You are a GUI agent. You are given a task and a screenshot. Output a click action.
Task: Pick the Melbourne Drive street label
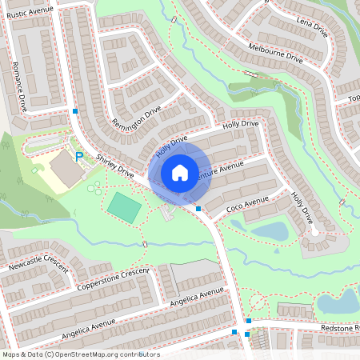click(276, 54)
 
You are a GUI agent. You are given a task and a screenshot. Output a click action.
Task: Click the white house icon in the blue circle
click(180, 173)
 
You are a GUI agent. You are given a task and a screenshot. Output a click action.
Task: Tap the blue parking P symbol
click(78, 157)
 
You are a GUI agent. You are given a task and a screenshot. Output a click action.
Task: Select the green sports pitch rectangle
click(124, 206)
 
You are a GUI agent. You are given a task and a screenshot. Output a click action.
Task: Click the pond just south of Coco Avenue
click(270, 231)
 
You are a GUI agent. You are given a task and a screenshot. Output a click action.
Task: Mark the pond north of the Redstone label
click(340, 302)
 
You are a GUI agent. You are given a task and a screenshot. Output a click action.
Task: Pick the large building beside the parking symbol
click(63, 169)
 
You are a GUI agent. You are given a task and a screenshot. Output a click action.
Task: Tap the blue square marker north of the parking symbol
click(75, 110)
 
